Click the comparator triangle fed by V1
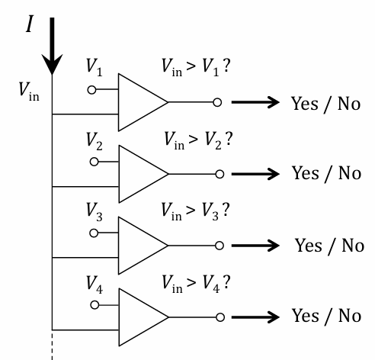point(141,102)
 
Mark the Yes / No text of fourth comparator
point(326,316)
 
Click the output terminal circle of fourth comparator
point(219,317)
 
